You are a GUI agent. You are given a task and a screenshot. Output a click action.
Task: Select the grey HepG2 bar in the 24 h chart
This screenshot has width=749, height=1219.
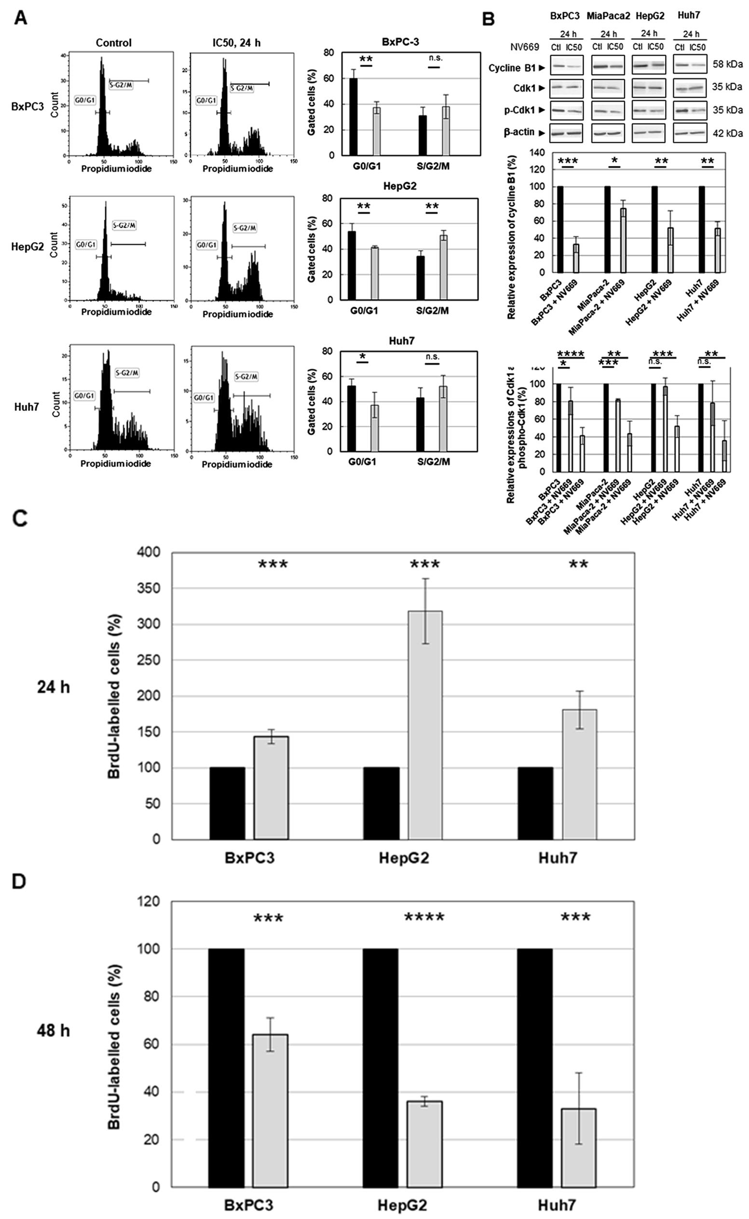(x=425, y=725)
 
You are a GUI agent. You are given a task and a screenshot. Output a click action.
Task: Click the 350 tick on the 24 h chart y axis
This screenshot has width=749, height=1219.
(x=150, y=588)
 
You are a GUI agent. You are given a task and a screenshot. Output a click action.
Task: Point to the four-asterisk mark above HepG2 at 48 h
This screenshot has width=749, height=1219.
(x=424, y=918)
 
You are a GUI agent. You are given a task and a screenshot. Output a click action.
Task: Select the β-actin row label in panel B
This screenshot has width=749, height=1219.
(x=518, y=132)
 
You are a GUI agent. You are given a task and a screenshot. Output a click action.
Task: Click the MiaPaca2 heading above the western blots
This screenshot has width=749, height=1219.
(x=608, y=16)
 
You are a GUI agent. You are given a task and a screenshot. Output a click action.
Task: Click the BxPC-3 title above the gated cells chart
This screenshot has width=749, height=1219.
(x=401, y=42)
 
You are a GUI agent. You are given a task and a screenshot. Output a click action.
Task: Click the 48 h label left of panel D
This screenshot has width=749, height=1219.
(x=53, y=1031)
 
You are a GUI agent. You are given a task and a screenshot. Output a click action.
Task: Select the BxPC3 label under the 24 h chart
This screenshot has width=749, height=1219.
(x=249, y=858)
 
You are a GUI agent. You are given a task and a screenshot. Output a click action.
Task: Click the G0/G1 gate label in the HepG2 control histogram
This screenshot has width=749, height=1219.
(x=86, y=244)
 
